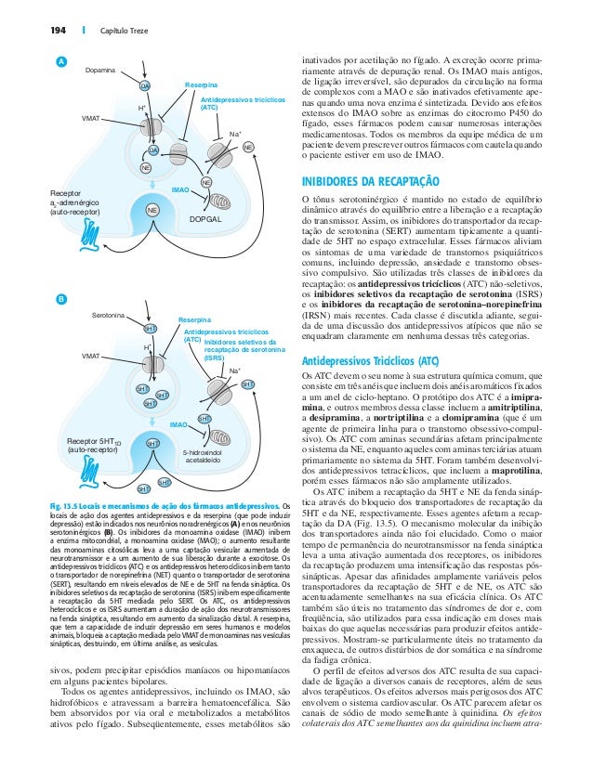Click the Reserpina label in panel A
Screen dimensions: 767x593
[x=200, y=84]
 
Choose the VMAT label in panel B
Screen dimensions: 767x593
[x=91, y=356]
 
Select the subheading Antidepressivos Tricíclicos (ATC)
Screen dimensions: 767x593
[x=371, y=359]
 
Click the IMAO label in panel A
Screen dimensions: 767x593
[x=180, y=188]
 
